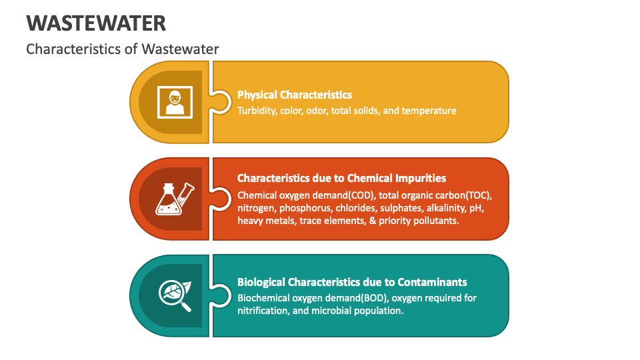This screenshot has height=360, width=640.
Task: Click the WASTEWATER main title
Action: click(x=97, y=23)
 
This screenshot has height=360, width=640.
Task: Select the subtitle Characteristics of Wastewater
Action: click(x=122, y=49)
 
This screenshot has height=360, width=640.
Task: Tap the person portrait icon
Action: click(x=175, y=102)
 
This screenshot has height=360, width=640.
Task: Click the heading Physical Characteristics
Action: click(x=295, y=95)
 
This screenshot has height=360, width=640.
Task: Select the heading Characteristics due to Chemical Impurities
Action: click(x=341, y=178)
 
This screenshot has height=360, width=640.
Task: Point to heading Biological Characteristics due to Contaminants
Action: click(x=352, y=282)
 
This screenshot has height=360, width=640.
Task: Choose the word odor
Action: click(x=317, y=111)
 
